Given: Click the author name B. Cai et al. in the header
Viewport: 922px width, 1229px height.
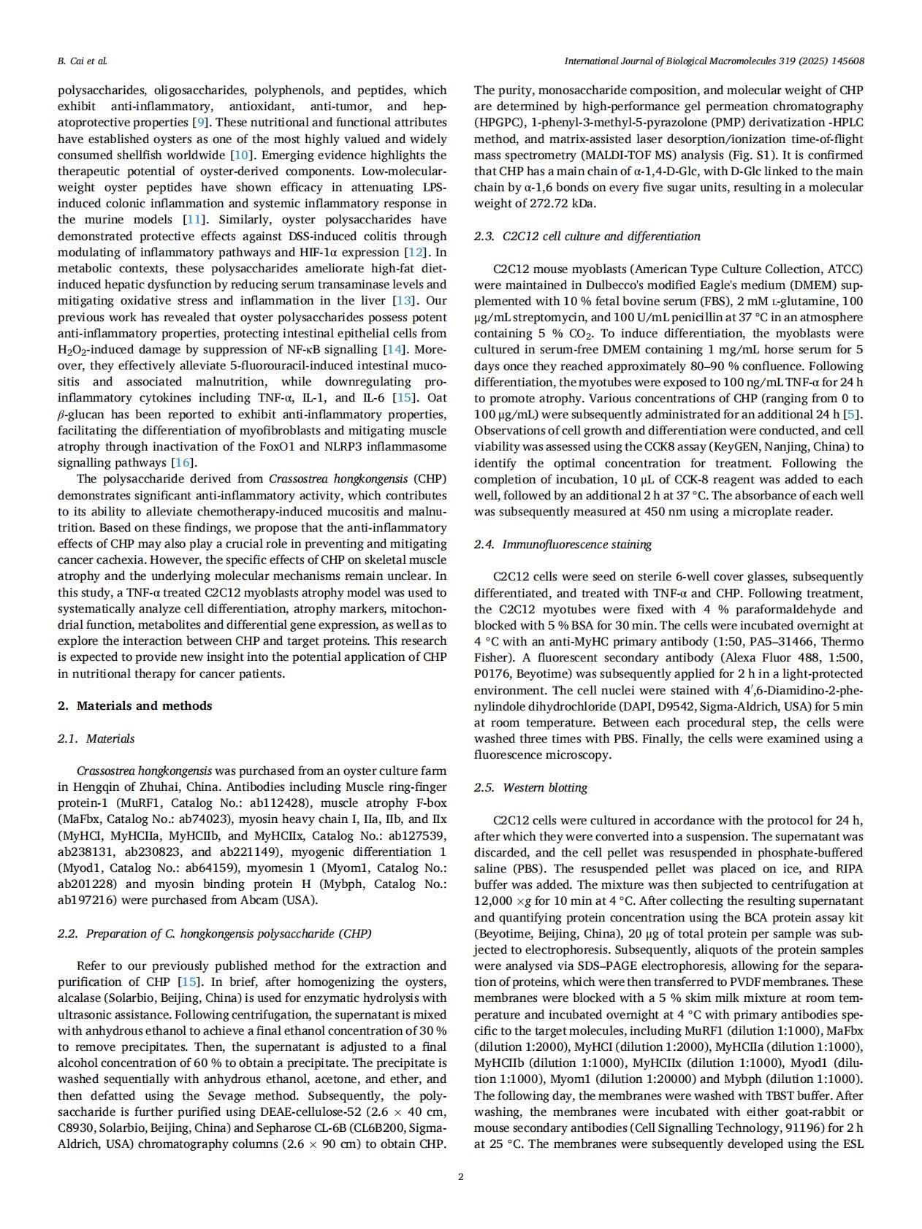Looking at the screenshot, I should [82, 61].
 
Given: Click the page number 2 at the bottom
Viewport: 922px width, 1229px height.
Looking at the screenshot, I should [460, 1176].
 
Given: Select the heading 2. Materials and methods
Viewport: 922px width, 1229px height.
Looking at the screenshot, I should [135, 705].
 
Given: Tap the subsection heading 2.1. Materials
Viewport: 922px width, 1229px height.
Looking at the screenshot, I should [96, 738].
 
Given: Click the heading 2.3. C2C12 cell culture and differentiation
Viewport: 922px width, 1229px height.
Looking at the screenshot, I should [587, 236].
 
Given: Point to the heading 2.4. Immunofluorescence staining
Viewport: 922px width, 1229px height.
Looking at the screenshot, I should [563, 544].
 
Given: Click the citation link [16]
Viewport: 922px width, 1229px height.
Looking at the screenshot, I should [183, 463].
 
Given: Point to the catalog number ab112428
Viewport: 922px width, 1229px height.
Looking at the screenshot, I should [267, 803].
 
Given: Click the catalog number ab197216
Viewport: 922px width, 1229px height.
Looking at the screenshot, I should [87, 900].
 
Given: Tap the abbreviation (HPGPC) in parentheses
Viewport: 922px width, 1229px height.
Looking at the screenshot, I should [503, 123].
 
